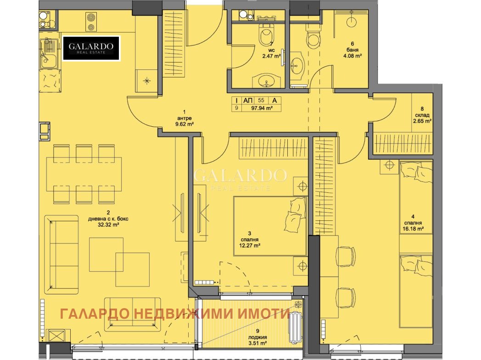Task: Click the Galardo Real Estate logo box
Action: click(x=91, y=48)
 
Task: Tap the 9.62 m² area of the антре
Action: click(x=185, y=124)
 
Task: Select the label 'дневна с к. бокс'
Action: click(x=108, y=219)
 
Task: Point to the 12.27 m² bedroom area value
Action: click(x=250, y=245)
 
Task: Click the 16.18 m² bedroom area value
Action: click(x=413, y=229)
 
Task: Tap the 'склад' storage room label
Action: click(x=422, y=115)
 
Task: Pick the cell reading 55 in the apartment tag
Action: click(x=261, y=101)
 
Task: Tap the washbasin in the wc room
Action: click(x=266, y=81)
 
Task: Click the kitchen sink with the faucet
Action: click(x=49, y=54)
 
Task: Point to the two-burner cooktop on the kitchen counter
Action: click(x=90, y=22)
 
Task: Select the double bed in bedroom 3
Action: click(x=270, y=226)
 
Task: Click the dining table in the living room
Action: click(x=84, y=174)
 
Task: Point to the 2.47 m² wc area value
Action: click(x=271, y=56)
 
